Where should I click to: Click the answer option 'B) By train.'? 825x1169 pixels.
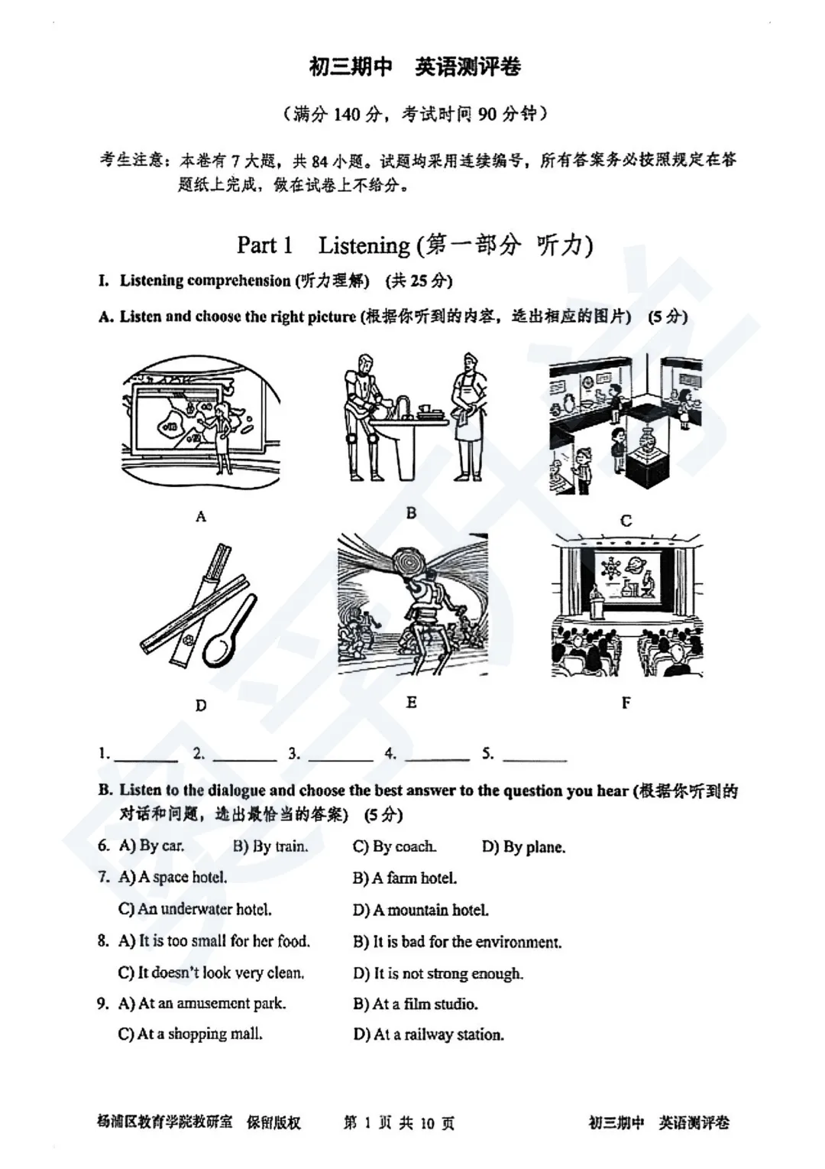[270, 846]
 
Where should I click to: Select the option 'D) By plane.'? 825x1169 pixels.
[523, 847]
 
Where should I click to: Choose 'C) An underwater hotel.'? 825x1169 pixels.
[195, 909]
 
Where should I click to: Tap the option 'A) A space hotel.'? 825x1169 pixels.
[173, 878]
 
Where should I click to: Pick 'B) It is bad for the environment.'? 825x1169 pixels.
[457, 942]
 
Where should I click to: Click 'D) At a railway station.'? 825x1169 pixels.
[428, 1034]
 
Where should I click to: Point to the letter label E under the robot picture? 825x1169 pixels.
[412, 702]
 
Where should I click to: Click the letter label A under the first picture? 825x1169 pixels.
[201, 517]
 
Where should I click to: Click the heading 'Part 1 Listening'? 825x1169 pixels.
[415, 245]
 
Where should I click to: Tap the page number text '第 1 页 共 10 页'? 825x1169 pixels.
[399, 1122]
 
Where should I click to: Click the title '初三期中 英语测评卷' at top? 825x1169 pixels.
[415, 67]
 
